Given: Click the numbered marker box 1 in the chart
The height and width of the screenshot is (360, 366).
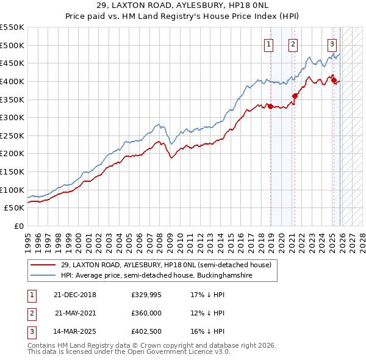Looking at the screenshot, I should point(268,43).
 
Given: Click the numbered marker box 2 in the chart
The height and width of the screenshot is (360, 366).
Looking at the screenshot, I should point(293,43).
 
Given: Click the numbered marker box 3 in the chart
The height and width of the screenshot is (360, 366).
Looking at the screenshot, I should point(332,43).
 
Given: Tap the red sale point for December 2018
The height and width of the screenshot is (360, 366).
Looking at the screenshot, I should point(270,106).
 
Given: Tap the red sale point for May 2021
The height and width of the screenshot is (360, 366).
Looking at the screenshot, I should point(295,95).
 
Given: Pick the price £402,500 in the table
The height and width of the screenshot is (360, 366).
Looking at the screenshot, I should point(146,331).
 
